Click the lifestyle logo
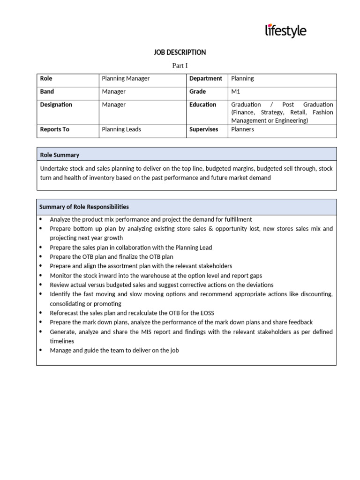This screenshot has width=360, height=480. point(285,31)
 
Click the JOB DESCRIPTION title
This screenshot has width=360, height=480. point(180,52)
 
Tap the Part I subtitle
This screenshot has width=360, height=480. point(180,66)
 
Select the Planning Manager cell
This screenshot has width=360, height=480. point(126,79)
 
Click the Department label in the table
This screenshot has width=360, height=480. point(205,79)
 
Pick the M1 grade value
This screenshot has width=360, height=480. point(235,92)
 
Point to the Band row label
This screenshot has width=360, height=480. point(47,92)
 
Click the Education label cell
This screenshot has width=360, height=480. point(202,105)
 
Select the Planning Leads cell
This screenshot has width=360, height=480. point(121,129)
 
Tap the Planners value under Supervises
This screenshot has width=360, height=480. point(242,129)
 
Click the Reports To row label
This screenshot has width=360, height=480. point(54,129)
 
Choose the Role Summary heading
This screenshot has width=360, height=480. point(60,155)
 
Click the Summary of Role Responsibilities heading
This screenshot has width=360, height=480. point(84,207)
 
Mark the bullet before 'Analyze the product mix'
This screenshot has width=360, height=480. point(41,219)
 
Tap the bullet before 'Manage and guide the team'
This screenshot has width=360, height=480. point(41,350)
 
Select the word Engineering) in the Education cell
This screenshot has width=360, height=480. point(291,120)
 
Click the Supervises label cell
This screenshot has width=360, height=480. point(203,129)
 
